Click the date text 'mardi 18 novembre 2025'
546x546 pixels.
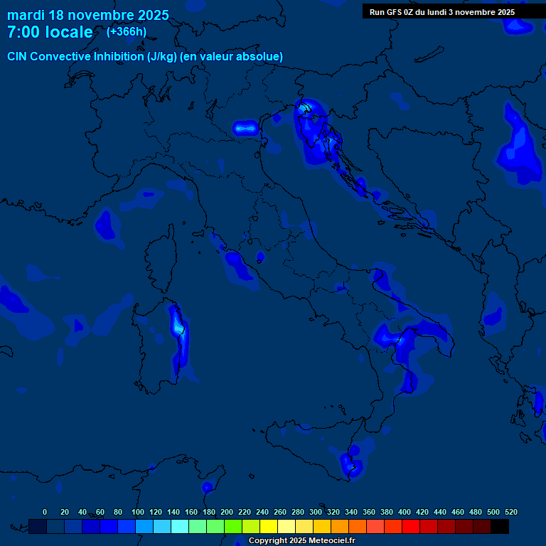coord(88,15)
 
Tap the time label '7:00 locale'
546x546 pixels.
coord(50,32)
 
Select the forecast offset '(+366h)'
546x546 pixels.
coord(127,32)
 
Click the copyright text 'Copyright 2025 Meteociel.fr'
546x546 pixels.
coord(301,541)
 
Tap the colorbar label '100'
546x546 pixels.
coord(137,513)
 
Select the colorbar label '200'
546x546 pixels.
coord(227,513)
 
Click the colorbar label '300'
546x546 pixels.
coord(316,513)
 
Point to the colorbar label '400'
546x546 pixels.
coord(405,513)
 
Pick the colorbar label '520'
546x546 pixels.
coord(510,513)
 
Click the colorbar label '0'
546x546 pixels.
coord(45,513)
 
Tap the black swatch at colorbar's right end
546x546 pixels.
coord(500,526)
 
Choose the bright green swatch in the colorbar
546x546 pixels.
coord(233,526)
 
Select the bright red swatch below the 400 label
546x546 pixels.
coord(411,526)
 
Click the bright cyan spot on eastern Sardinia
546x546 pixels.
coord(177,323)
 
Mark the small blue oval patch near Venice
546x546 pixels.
coord(245,128)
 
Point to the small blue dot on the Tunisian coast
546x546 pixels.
coord(207,488)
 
